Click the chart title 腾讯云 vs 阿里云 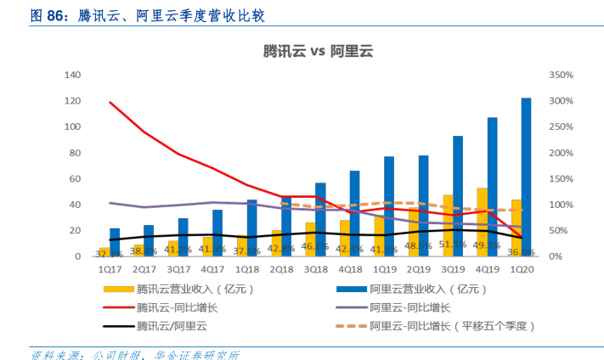(x=319, y=51)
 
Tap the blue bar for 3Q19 (x=458, y=195)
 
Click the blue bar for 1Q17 (x=115, y=242)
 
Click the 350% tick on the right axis (x=562, y=76)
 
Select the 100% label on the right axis (x=562, y=205)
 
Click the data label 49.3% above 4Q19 (x=487, y=245)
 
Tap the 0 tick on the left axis (x=77, y=256)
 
